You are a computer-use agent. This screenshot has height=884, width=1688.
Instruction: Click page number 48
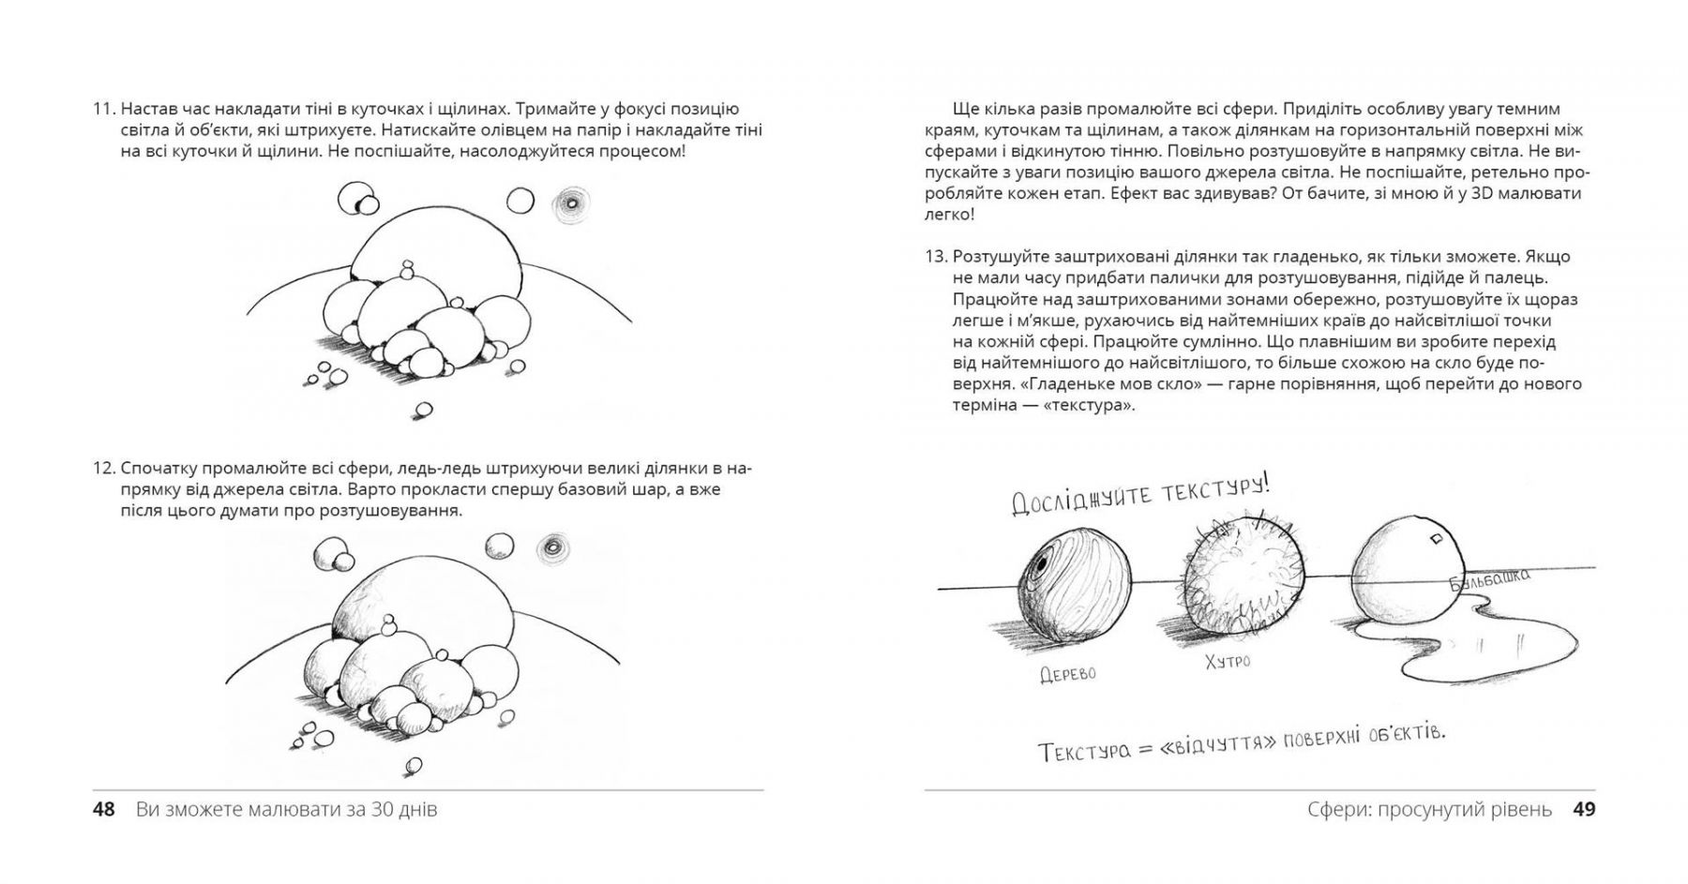pos(103,809)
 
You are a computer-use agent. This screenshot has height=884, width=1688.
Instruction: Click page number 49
pos(1584,809)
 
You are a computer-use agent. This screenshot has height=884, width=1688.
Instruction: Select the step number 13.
pos(937,257)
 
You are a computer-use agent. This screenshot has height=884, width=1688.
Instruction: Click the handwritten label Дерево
pos(1067,674)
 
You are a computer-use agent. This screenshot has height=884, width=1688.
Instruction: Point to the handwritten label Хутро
pos(1228,662)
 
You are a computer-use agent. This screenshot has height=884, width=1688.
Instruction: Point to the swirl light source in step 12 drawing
pos(550,547)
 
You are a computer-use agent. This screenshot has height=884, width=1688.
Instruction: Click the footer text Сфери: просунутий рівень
pos(1429,809)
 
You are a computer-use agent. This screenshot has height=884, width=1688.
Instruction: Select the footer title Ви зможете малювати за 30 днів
pos(286,809)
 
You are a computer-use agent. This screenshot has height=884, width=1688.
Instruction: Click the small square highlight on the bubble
pos(1435,539)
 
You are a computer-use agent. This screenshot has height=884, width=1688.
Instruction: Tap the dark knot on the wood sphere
pos(1042,565)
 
